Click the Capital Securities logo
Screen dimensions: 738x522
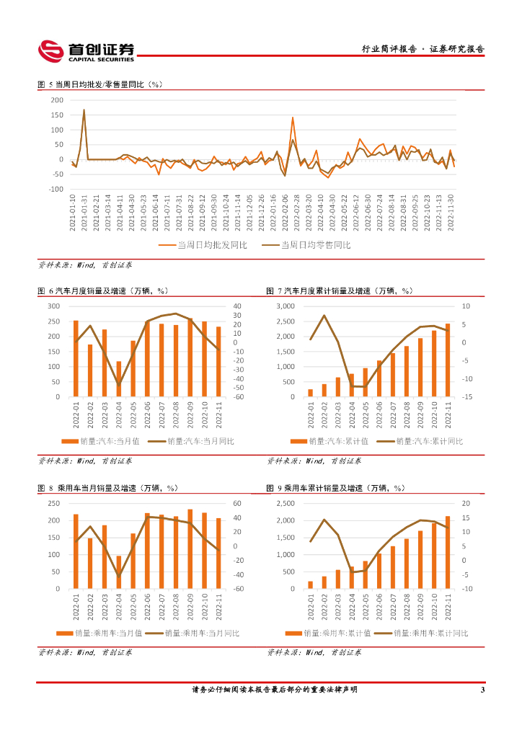click(x=86, y=50)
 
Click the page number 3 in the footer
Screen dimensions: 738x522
click(x=482, y=690)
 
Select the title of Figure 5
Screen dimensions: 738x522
click(x=101, y=84)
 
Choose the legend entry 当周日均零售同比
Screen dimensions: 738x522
click(x=314, y=246)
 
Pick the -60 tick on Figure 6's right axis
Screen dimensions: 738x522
click(x=239, y=397)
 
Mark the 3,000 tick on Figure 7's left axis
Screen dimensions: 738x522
click(x=286, y=306)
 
